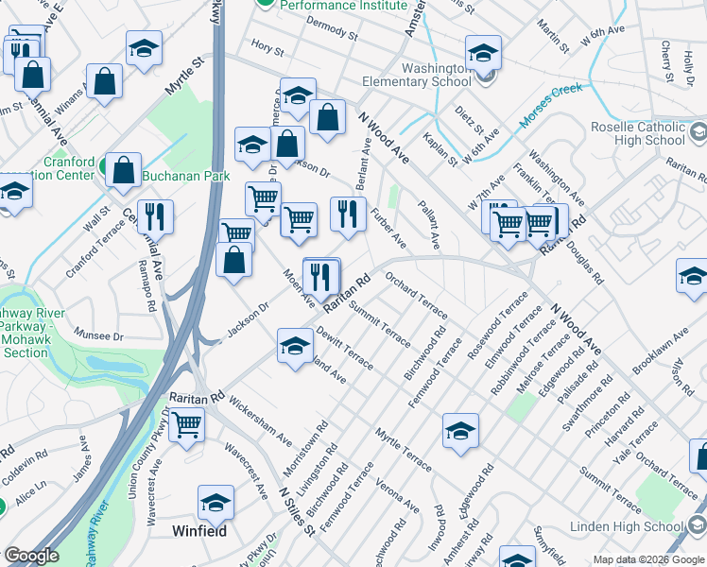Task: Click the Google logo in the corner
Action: click(31, 556)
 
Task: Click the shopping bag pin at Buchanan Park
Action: click(124, 171)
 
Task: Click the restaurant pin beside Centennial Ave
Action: click(155, 217)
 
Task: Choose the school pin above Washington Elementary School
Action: click(482, 53)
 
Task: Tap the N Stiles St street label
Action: click(297, 511)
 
